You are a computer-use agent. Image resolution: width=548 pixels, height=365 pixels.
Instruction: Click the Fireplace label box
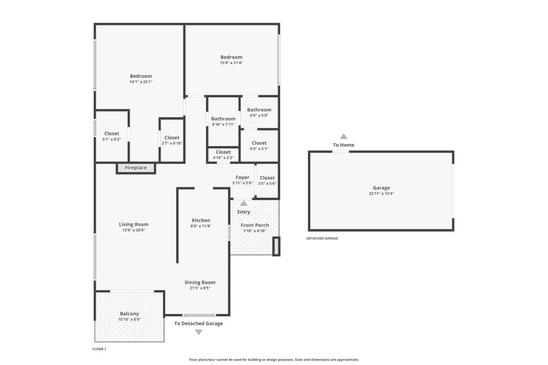[136, 168]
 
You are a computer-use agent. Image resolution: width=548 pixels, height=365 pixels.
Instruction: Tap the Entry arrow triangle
[244, 203]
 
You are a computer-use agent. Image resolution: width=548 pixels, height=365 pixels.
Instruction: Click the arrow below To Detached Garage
[198, 332]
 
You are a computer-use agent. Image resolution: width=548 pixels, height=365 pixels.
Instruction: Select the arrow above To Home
[344, 136]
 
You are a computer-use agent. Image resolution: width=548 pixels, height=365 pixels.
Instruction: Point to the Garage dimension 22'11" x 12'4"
[381, 194]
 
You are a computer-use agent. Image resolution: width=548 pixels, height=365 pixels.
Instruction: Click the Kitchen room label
[201, 221]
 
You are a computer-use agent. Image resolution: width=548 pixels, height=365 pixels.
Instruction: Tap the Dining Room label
[200, 282]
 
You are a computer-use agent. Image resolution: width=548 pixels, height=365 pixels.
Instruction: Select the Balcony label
[129, 314]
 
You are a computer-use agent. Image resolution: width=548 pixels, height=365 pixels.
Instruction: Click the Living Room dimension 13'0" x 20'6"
[134, 230]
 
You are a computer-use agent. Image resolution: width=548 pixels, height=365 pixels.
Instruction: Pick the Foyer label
[242, 178]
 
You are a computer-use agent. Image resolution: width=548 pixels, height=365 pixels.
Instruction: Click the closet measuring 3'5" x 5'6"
[267, 181]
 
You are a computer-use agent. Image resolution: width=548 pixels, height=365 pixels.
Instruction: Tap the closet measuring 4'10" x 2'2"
[223, 155]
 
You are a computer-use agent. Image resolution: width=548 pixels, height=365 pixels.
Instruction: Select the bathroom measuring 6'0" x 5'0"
[259, 113]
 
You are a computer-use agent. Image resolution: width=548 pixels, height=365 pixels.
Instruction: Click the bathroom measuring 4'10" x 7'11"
[223, 121]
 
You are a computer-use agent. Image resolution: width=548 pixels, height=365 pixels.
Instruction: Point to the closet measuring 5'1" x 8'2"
[112, 136]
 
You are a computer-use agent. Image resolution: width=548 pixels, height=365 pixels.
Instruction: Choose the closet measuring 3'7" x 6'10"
[172, 140]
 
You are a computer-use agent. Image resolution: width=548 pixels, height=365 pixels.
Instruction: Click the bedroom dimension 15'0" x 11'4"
[231, 63]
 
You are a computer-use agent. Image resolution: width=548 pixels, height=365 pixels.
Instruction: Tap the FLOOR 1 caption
[99, 349]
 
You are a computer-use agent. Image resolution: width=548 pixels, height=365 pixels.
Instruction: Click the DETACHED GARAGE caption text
[322, 238]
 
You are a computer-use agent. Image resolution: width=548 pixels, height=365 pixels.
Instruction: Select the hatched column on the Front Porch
[276, 246]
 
